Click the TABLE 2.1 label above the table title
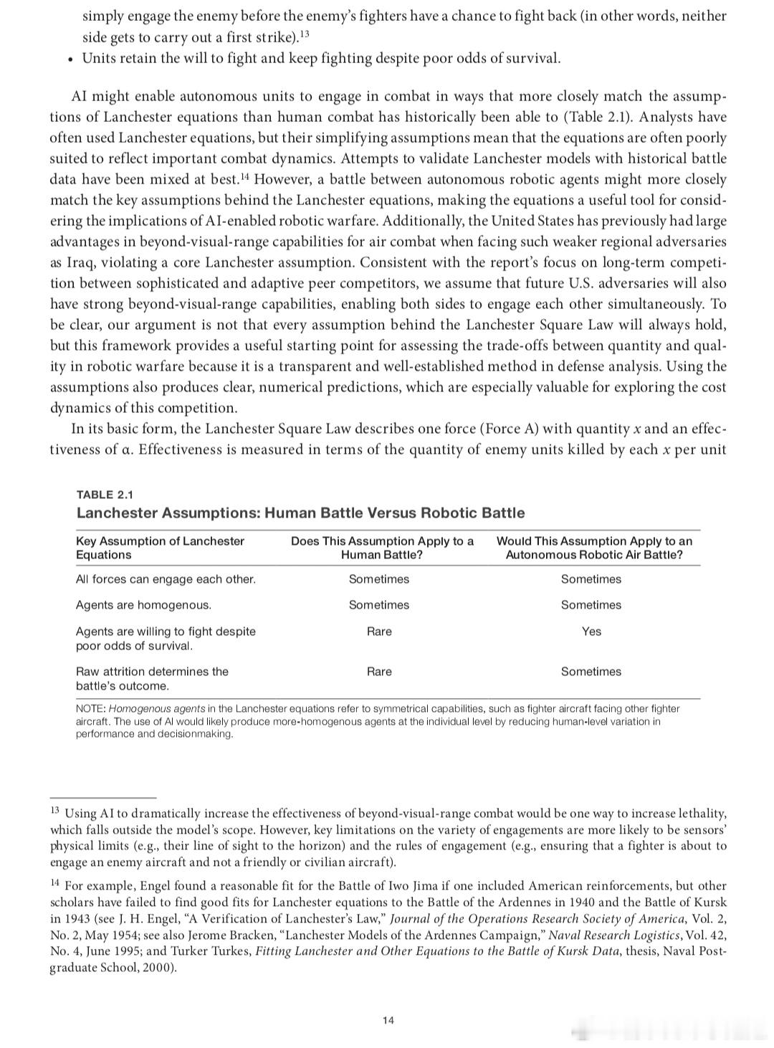[105, 495]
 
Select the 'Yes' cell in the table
[591, 632]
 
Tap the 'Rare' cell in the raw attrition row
[379, 672]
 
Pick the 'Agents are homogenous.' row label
[143, 605]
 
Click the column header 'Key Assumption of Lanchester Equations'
[160, 548]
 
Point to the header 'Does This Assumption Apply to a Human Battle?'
[382, 548]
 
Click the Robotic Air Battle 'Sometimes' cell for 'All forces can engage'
[591, 579]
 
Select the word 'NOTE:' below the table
[91, 708]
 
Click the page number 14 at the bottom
[388, 1020]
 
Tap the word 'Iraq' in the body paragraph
[81, 262]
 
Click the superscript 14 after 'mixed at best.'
[244, 176]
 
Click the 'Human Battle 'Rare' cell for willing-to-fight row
[379, 632]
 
